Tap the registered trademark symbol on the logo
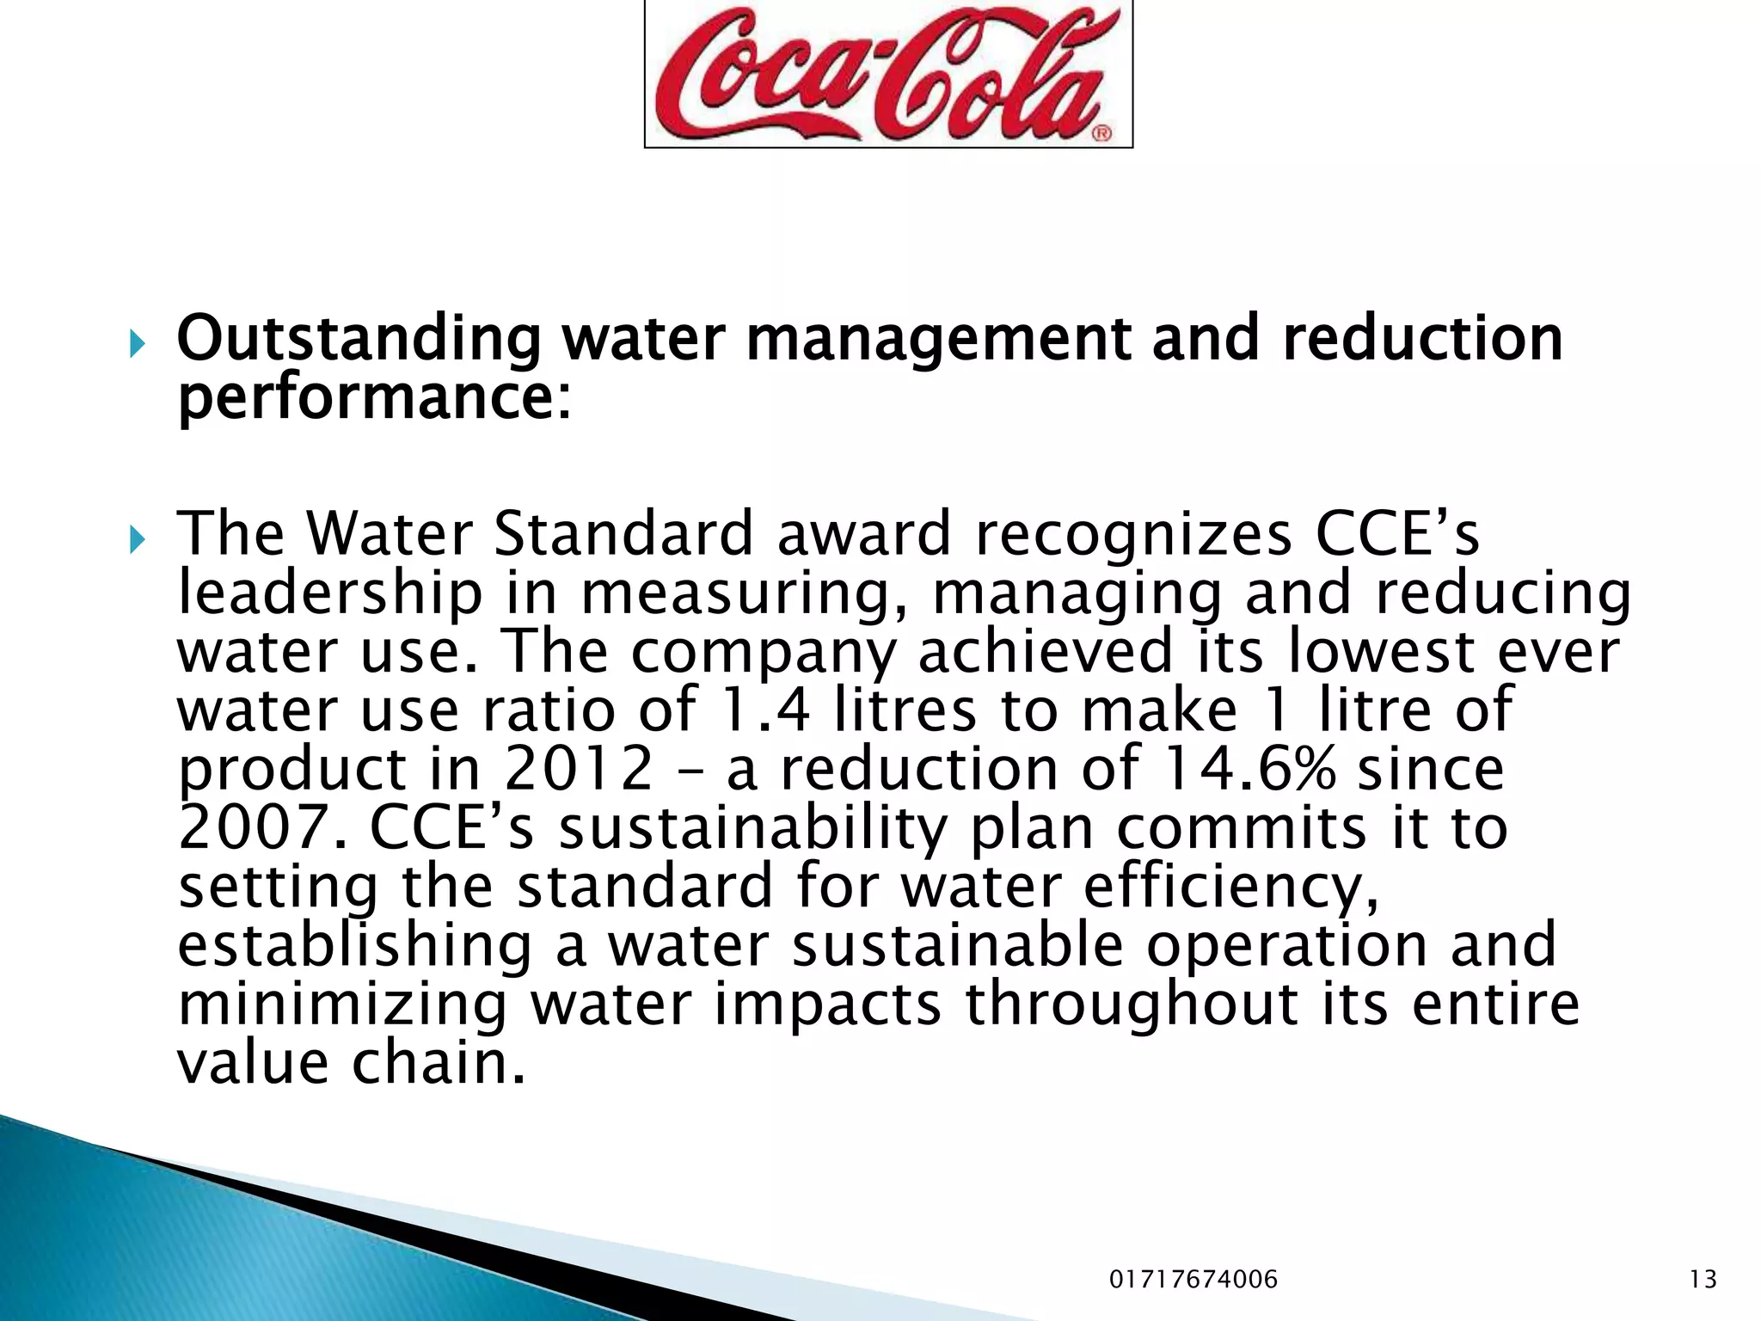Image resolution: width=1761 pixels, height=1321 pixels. tap(1101, 133)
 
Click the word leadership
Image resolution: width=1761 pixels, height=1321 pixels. tap(330, 593)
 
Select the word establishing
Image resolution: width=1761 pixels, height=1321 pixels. tap(355, 944)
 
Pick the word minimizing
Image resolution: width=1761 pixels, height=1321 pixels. tap(342, 1004)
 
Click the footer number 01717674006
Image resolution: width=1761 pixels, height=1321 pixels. tap(1193, 1280)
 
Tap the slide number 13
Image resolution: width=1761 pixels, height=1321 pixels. tap(1703, 1280)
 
